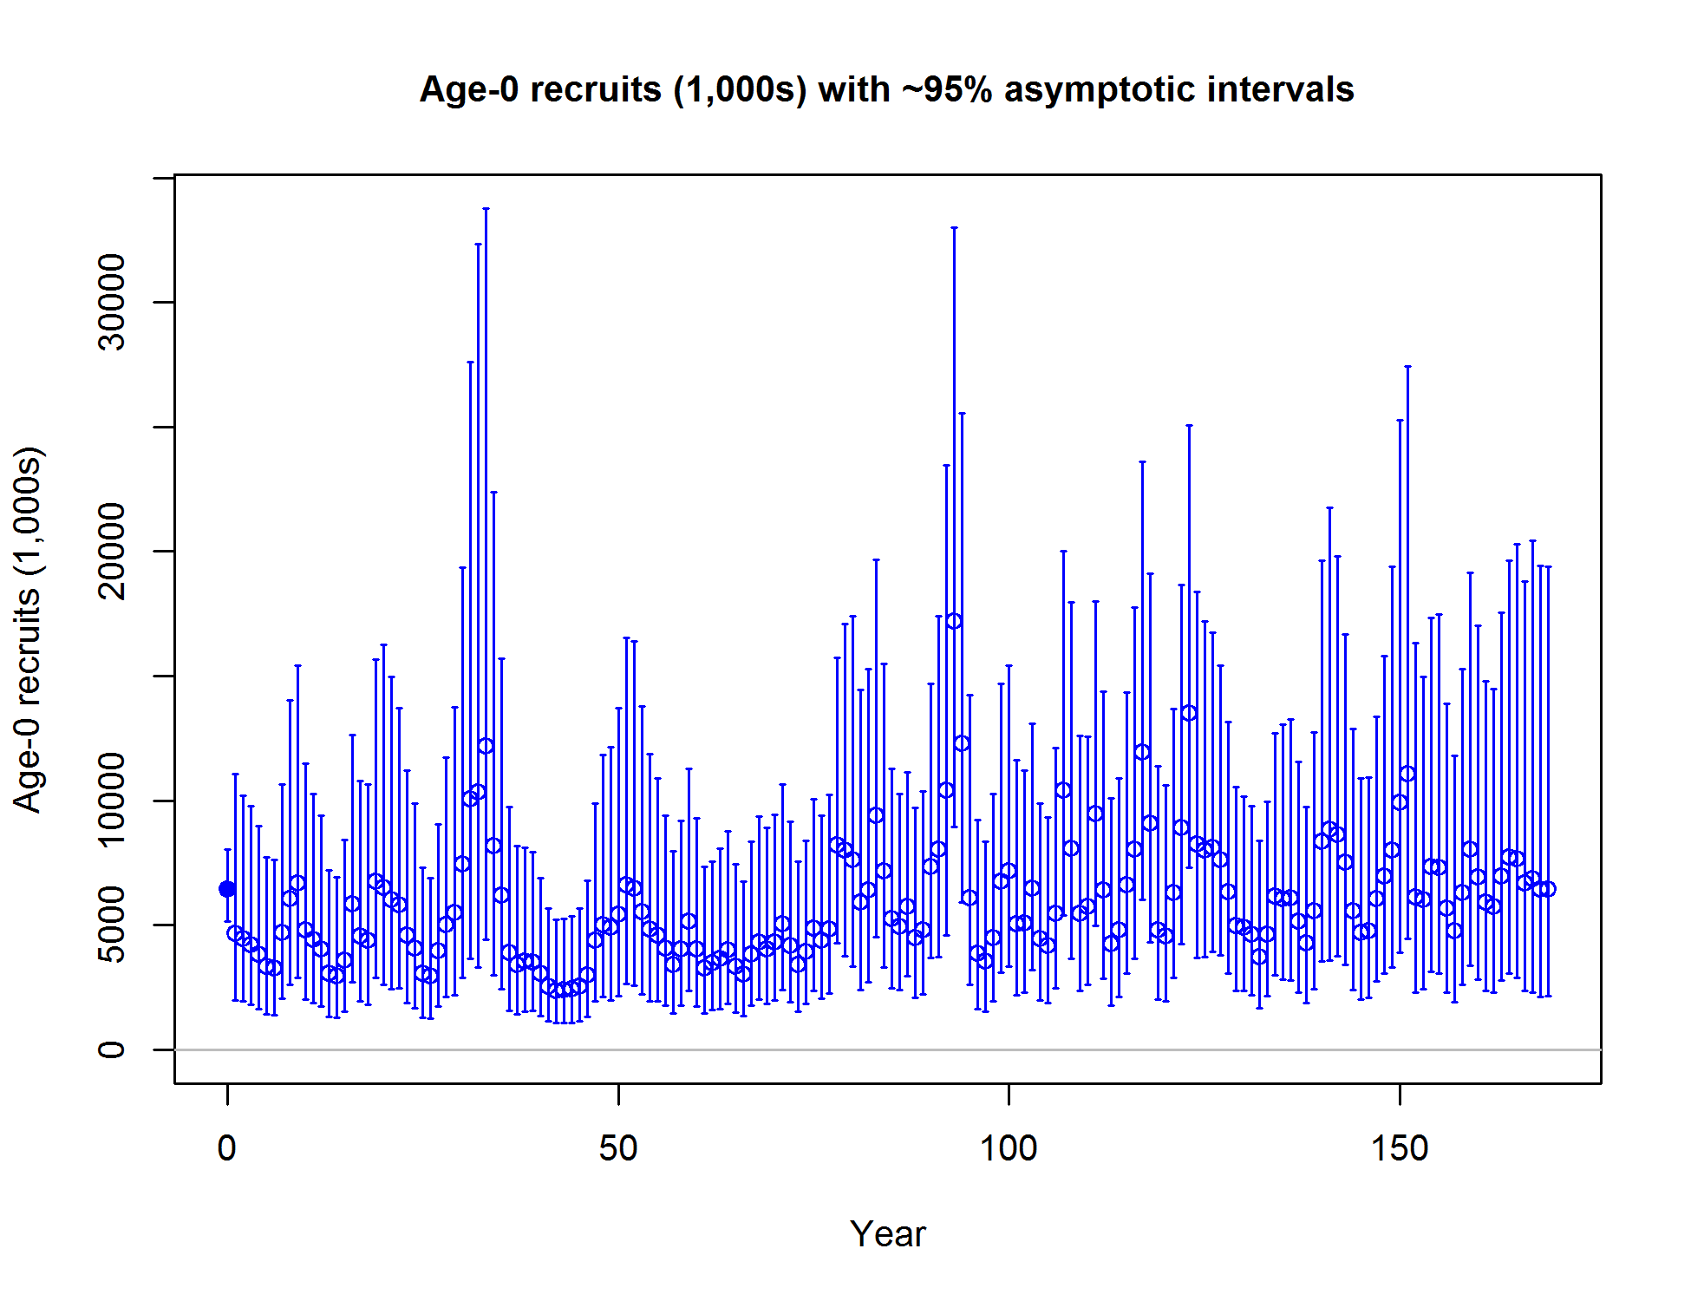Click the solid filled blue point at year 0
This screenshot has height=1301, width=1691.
coord(227,889)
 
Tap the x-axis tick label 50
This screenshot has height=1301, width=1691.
coord(618,1148)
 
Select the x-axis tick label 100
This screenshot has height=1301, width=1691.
coord(1009,1148)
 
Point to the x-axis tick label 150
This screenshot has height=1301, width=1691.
coord(1400,1148)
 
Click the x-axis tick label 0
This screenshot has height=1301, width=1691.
coord(227,1148)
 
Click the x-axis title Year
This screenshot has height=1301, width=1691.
coord(888,1234)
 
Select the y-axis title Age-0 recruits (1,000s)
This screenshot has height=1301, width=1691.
coord(28,630)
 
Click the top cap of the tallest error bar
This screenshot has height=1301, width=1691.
coord(486,209)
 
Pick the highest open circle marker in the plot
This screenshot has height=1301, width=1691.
coord(954,621)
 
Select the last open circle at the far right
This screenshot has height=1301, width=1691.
coord(1548,889)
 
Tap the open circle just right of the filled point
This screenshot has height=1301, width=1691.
coord(235,933)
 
